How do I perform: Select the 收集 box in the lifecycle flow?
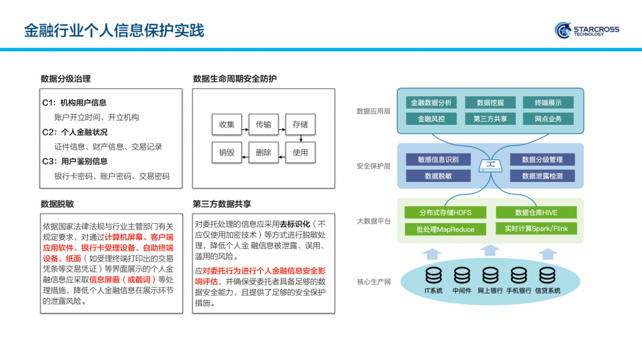226,124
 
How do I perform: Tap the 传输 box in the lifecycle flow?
263,124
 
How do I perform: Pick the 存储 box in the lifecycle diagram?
300,124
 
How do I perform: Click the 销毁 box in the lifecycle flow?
226,152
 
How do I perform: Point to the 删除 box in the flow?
263,152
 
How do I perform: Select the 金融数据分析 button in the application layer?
431,103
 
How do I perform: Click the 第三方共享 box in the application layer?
490,119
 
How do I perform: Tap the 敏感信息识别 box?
438,159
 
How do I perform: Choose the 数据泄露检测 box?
542,176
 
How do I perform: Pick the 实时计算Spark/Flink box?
536,229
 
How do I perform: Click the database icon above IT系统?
433,275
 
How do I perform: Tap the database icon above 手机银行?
518,275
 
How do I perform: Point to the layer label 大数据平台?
374,221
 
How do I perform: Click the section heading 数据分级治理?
66,79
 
